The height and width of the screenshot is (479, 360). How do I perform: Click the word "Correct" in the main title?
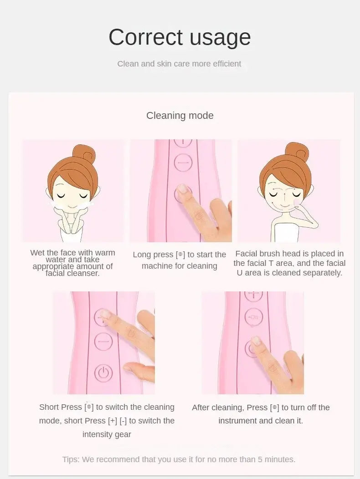[145, 37]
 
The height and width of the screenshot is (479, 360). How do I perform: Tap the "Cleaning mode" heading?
[180, 116]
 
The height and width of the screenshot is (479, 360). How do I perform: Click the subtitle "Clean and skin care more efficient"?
[179, 64]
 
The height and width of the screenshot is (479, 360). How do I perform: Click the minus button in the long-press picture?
[183, 163]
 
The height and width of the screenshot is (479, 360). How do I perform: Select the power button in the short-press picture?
[103, 373]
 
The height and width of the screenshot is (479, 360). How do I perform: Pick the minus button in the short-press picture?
[103, 341]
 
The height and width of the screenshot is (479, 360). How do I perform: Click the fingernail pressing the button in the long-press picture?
[183, 188]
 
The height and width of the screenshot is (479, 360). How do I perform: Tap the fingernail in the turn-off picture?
[255, 340]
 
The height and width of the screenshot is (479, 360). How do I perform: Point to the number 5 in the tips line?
[260, 459]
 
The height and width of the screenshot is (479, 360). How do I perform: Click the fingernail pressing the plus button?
[105, 313]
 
